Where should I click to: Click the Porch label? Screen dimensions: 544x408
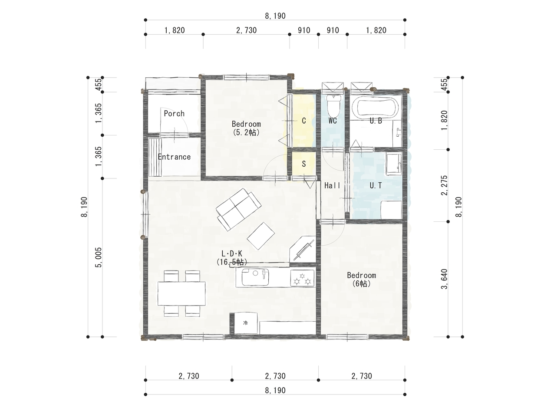(x=174, y=113)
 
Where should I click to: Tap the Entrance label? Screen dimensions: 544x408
(x=174, y=157)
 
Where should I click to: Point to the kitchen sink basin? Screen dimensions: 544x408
(x=255, y=277)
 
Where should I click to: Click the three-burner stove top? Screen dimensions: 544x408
(x=302, y=279)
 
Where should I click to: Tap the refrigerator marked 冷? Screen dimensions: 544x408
(x=246, y=323)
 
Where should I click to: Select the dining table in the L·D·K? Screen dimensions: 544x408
(x=181, y=293)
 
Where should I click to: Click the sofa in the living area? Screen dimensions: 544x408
(x=238, y=209)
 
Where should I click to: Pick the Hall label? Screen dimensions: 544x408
(x=333, y=185)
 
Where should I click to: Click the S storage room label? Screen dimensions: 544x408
(x=303, y=164)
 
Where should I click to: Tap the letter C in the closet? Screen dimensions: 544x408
(x=304, y=121)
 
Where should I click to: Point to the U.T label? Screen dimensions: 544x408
(x=376, y=185)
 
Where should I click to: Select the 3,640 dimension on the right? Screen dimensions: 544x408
(x=445, y=279)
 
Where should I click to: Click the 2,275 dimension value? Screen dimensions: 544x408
(x=445, y=185)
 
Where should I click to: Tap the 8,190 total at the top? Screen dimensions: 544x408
(x=275, y=16)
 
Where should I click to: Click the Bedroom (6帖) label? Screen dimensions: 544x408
(x=361, y=279)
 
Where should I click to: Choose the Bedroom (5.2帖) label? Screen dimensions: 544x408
(x=246, y=128)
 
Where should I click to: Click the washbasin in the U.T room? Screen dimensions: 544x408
(x=394, y=164)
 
